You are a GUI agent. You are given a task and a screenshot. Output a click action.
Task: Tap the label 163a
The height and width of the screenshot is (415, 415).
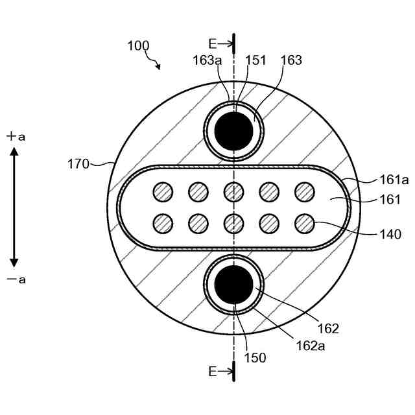pyautogui.click(x=207, y=60)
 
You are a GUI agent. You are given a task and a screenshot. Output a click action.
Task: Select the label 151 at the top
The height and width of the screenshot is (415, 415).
pyautogui.click(x=255, y=60)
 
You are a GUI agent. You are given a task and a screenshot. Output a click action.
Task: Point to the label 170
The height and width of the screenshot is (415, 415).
pyautogui.click(x=78, y=163)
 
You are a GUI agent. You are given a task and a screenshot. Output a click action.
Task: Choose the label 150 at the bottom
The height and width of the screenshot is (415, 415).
pyautogui.click(x=255, y=356)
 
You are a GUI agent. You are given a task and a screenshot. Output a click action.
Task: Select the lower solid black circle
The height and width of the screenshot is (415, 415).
pyautogui.click(x=233, y=284)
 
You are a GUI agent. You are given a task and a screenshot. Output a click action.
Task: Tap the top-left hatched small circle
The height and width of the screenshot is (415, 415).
pyautogui.click(x=163, y=191)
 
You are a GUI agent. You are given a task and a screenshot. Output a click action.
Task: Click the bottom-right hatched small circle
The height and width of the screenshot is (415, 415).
pyautogui.click(x=304, y=224)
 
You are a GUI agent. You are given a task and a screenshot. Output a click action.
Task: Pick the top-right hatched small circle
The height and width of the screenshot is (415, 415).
pyautogui.click(x=304, y=191)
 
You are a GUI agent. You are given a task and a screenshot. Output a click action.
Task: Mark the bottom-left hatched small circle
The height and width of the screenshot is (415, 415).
pyautogui.click(x=163, y=224)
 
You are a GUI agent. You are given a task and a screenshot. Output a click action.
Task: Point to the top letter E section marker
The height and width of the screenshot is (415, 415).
pyautogui.click(x=212, y=43)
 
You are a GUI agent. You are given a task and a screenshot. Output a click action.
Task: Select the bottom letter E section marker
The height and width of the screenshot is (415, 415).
pyautogui.click(x=212, y=372)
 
